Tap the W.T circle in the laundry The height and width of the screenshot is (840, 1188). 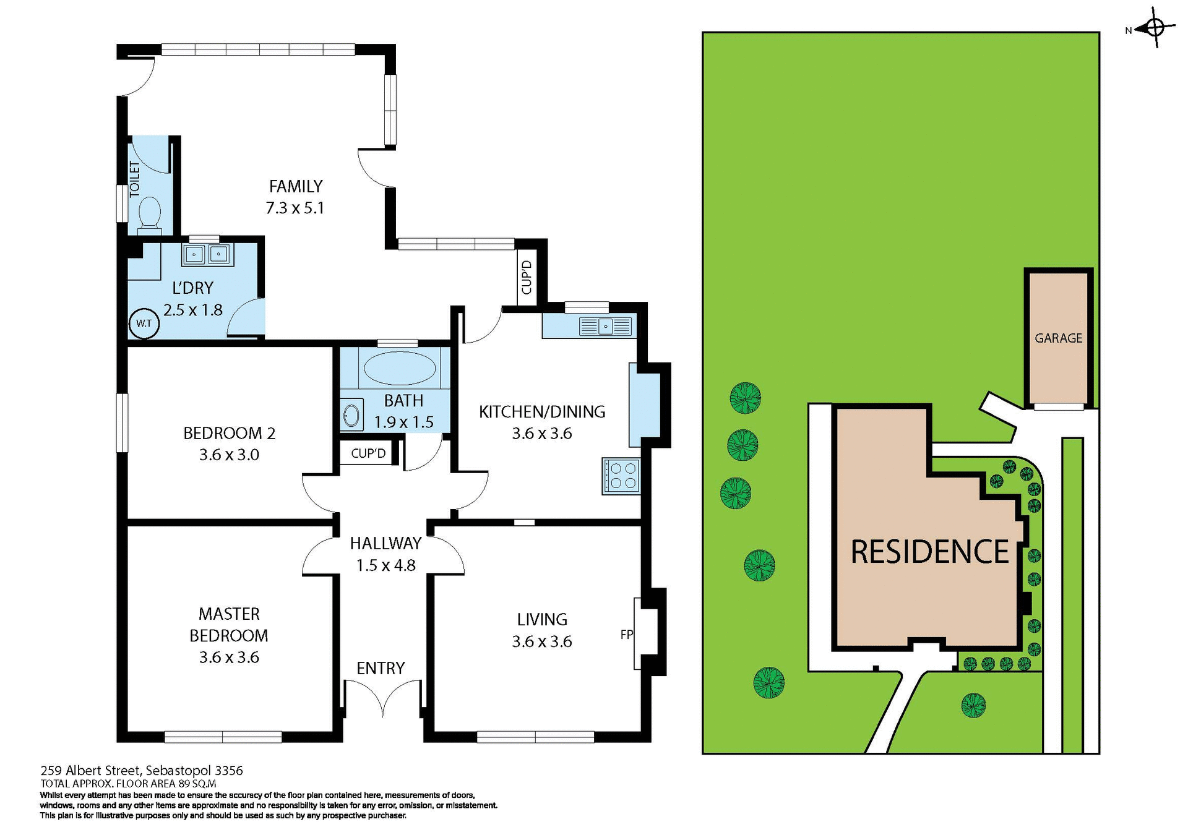click(144, 324)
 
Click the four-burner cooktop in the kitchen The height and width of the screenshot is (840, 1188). click(621, 476)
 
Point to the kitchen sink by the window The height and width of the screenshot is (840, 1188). click(605, 326)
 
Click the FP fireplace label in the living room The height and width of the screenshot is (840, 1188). click(626, 634)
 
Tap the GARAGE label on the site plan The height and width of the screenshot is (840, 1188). click(1058, 338)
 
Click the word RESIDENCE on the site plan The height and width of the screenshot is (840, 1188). click(929, 552)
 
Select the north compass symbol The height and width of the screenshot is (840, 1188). click(1155, 28)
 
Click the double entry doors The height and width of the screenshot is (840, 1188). click(384, 698)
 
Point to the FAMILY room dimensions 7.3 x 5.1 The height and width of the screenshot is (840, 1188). click(295, 208)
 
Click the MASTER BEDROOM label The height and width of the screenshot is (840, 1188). click(228, 625)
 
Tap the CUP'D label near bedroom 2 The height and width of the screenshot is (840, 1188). click(368, 453)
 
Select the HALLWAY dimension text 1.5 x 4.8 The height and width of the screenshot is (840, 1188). click(385, 565)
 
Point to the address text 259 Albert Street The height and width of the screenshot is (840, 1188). click(142, 771)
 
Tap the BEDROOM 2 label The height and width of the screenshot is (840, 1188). click(229, 433)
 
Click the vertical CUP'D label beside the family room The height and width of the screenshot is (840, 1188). click(527, 277)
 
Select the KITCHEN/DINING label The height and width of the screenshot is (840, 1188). click(542, 412)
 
